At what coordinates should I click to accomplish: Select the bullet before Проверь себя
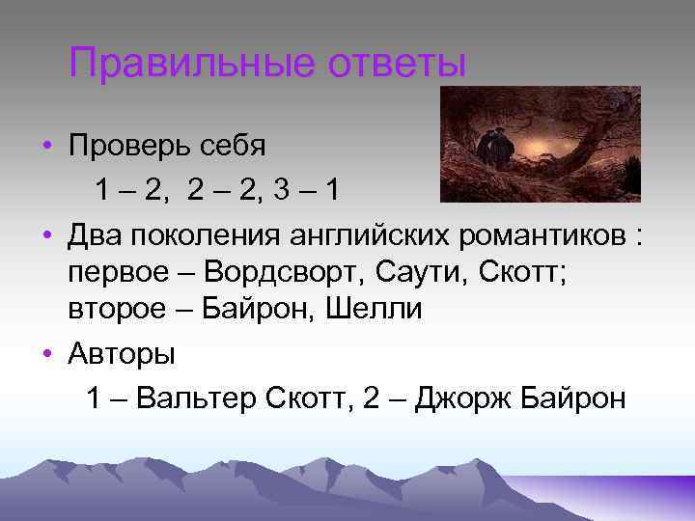tap(46, 147)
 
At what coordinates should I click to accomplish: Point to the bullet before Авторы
tap(46, 354)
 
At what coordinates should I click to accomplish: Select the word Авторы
tap(122, 354)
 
